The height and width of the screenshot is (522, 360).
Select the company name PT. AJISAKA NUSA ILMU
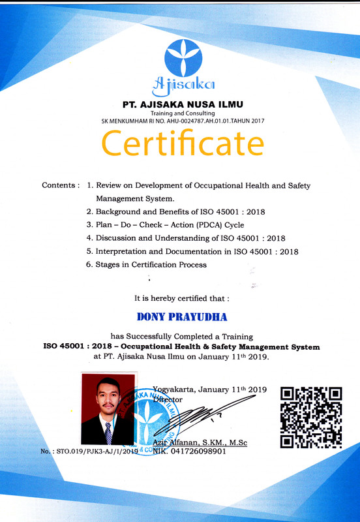tap(183, 104)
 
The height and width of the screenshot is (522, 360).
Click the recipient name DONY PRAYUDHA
tap(182, 317)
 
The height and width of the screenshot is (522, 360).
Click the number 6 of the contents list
tap(89, 264)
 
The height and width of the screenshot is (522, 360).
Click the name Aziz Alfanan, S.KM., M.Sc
tap(200, 442)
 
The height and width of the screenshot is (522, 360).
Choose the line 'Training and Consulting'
tap(183, 114)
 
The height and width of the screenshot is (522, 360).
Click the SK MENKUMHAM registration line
tap(183, 121)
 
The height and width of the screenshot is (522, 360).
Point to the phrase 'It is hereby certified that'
tap(181, 298)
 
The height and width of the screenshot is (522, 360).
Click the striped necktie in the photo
tap(108, 431)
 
